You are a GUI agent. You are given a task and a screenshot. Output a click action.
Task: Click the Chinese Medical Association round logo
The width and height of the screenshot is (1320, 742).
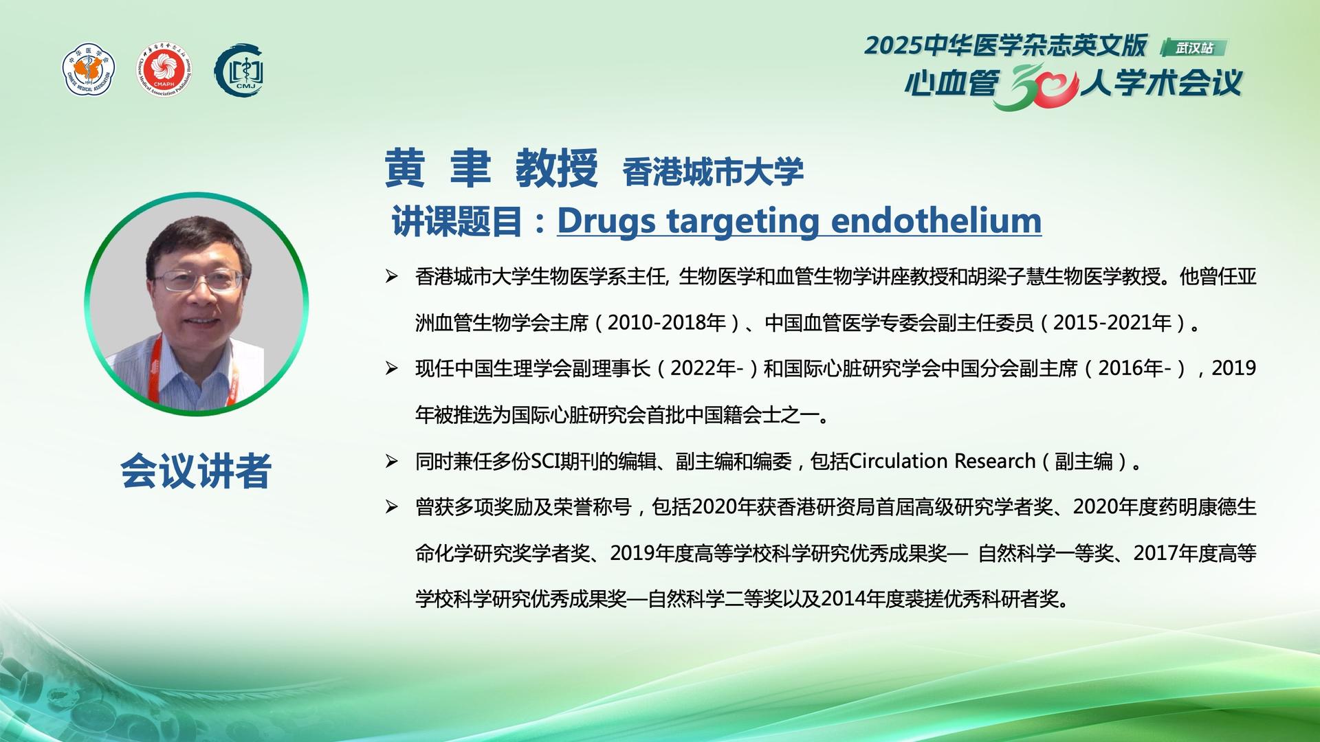click(89, 69)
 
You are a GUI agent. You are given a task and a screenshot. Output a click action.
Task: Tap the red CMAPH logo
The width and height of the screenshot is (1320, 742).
click(164, 69)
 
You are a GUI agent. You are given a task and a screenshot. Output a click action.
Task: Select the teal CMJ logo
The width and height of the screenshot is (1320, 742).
click(239, 70)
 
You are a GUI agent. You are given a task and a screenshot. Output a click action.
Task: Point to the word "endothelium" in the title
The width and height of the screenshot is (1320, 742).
click(936, 221)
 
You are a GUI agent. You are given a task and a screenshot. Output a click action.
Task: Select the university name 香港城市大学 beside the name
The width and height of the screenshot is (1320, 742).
click(713, 171)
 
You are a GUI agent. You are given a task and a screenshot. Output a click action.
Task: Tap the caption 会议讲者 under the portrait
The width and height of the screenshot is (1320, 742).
click(196, 471)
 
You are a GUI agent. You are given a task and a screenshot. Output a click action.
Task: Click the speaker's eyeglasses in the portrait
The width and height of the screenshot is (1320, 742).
click(198, 280)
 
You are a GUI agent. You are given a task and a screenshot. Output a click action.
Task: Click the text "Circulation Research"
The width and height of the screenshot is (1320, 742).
click(943, 460)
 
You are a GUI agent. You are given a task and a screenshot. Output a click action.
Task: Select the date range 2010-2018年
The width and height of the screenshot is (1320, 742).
click(667, 322)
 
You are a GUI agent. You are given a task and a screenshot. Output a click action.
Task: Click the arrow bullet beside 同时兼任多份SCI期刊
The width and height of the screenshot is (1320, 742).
click(392, 461)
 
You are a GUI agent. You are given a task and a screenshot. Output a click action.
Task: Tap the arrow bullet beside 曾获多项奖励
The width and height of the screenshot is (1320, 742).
click(392, 507)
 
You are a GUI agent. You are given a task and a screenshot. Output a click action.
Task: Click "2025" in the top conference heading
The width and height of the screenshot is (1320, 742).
click(892, 46)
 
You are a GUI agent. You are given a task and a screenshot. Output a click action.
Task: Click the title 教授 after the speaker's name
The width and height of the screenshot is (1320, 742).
click(557, 168)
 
